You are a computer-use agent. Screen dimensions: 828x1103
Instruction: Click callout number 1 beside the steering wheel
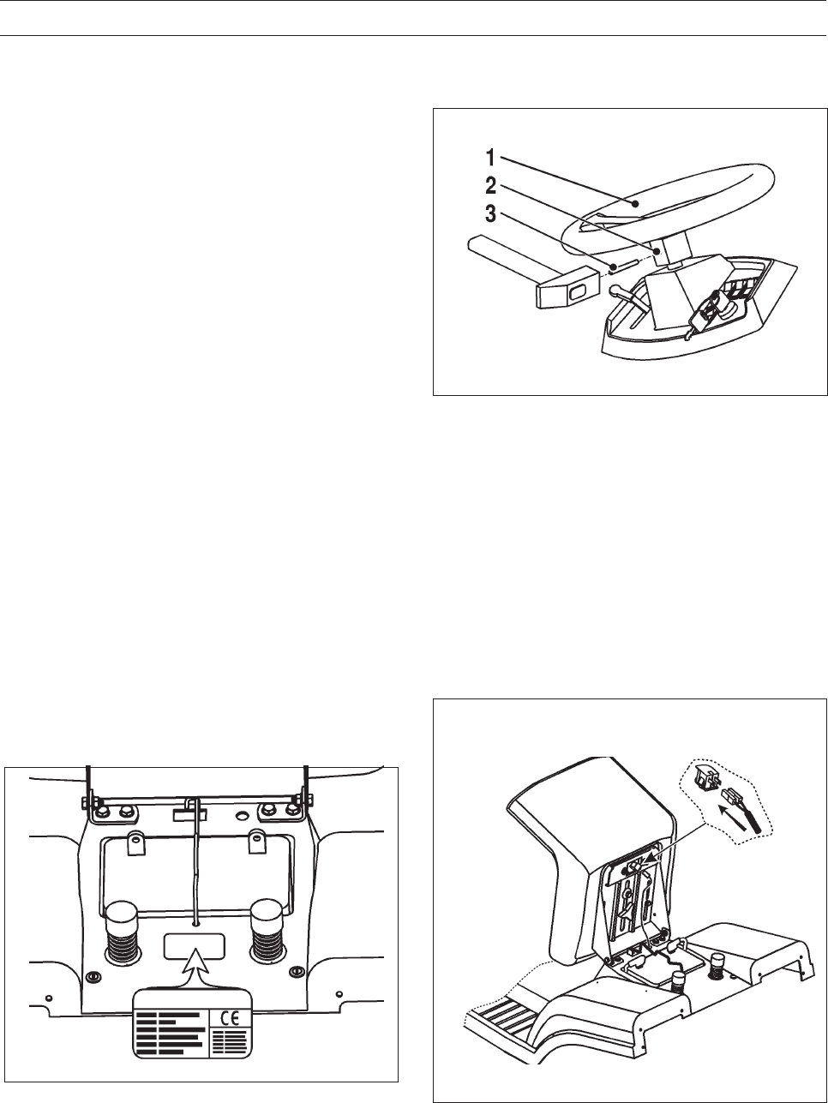click(x=489, y=158)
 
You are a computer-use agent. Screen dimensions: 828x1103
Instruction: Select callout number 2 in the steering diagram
click(x=489, y=186)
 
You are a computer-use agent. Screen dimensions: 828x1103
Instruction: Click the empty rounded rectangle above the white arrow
click(x=195, y=946)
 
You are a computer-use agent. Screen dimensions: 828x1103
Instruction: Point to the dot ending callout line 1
click(x=635, y=204)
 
